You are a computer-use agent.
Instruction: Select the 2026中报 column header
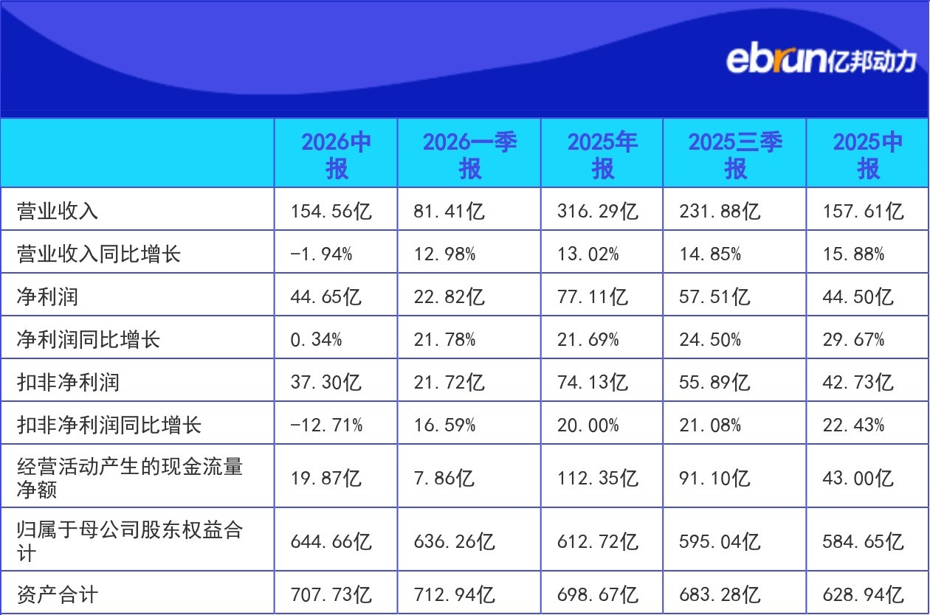click(336, 155)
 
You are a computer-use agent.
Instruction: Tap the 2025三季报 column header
click(735, 155)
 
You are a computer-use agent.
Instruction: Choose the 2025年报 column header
click(602, 155)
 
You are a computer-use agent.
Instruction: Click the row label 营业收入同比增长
click(99, 254)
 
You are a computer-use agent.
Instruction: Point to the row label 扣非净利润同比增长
click(108, 425)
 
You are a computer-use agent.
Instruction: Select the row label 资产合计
click(58, 594)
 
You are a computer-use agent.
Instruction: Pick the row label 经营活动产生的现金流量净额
click(130, 478)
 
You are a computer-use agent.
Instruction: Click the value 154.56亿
click(331, 211)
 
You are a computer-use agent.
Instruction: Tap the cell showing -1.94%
click(321, 254)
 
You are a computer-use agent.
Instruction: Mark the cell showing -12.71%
click(326, 425)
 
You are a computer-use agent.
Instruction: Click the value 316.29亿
click(597, 211)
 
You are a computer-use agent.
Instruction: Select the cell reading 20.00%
click(588, 425)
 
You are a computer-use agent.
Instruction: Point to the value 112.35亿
click(597, 478)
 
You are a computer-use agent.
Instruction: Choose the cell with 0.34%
click(316, 340)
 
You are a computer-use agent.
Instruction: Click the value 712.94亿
click(454, 594)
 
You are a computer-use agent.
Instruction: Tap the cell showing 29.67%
click(853, 340)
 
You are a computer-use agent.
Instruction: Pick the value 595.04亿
click(720, 541)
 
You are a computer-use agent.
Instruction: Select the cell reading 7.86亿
click(444, 478)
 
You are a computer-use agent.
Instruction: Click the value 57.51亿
click(714, 297)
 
